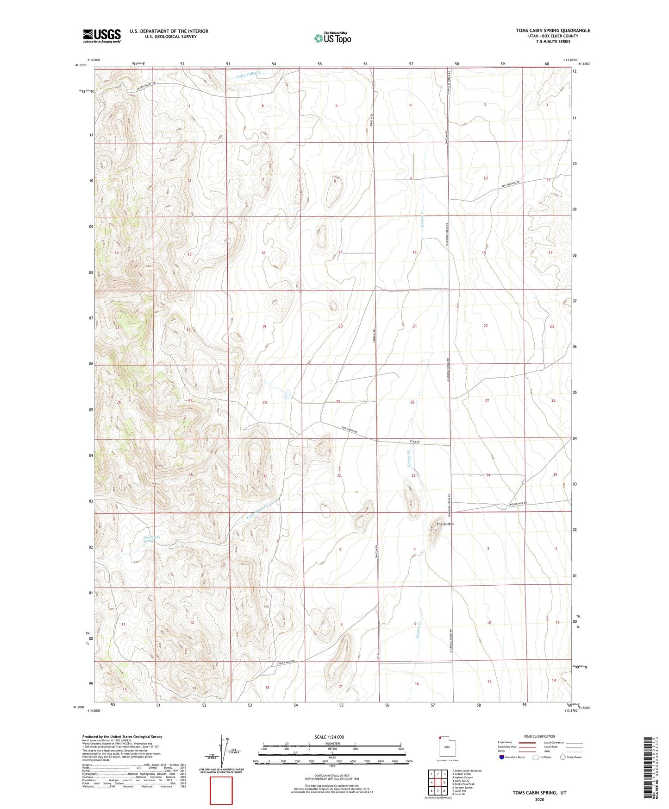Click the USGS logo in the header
point(102,36)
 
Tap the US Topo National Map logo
point(332,38)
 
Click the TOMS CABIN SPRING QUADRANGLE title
point(553,31)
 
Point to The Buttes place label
point(445,524)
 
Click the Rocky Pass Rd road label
point(518,504)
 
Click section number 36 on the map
point(190,475)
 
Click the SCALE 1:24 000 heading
point(329,737)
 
